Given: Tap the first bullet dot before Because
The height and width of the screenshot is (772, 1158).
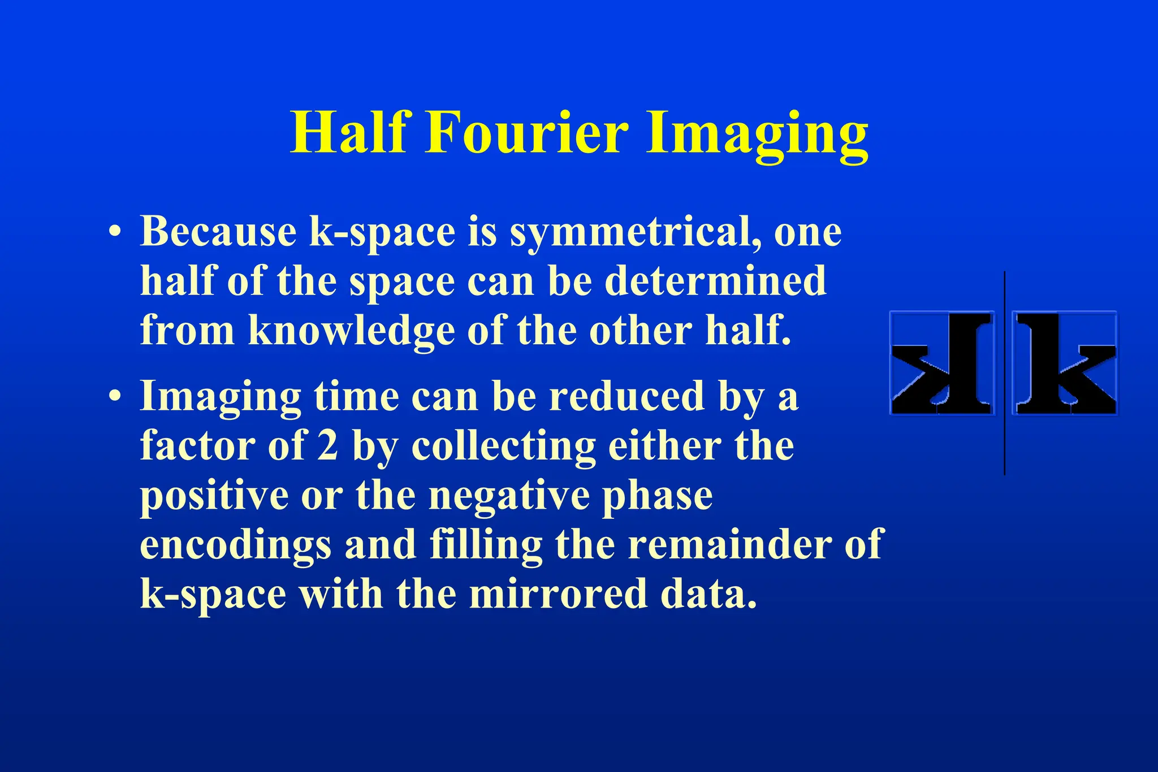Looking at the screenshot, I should point(115,232).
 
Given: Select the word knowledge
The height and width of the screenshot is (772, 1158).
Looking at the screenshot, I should point(351,331).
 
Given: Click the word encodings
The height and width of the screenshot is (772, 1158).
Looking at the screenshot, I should point(235,545).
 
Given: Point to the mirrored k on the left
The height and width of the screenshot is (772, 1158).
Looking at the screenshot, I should point(942,363).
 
